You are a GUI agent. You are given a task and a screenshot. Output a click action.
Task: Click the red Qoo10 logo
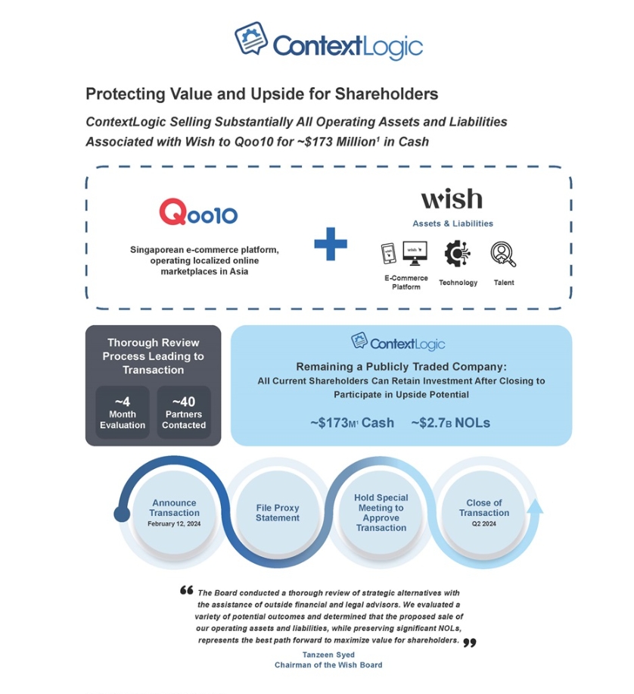(198, 212)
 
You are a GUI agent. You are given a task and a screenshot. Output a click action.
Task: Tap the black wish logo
(452, 199)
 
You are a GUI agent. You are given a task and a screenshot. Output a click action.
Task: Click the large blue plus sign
(331, 244)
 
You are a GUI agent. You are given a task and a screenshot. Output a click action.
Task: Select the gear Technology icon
(457, 254)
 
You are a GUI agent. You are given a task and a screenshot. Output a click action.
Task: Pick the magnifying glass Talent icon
(503, 254)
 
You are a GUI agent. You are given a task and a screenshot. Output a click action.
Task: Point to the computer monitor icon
(415, 253)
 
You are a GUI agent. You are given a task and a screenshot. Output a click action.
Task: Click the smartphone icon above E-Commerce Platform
(389, 254)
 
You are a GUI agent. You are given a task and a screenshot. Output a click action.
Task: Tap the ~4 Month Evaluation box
(123, 412)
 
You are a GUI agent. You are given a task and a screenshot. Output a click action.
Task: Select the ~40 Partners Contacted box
(184, 412)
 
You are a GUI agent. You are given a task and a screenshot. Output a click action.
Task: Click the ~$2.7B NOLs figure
(450, 423)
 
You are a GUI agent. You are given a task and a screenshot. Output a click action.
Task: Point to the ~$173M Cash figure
(352, 423)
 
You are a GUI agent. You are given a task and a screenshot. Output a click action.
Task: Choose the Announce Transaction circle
(174, 512)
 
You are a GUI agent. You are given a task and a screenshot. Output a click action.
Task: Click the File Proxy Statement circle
(278, 512)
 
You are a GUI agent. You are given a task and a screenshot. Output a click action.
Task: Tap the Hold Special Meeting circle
(381, 512)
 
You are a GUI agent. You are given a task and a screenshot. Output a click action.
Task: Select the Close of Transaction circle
(484, 512)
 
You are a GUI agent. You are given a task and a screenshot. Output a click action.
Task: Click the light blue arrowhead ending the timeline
(536, 507)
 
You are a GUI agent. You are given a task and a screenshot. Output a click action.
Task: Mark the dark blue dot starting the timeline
(122, 514)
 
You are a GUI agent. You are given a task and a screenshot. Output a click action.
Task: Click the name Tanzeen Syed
(328, 655)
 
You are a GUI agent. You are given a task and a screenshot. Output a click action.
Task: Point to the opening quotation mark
(187, 590)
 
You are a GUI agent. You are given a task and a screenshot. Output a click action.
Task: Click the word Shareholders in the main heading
(387, 94)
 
